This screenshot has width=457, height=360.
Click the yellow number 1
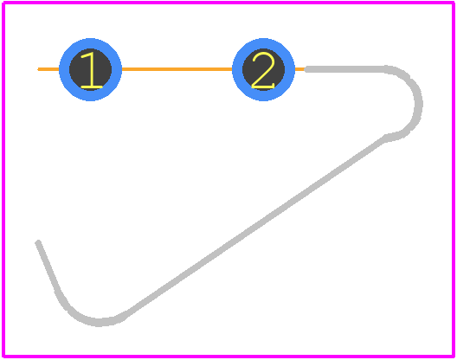click(x=92, y=70)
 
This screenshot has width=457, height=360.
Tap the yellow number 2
click(x=263, y=70)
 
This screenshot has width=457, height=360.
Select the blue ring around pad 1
click(x=64, y=70)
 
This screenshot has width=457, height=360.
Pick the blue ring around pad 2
click(x=237, y=70)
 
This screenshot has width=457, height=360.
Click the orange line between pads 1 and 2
click(x=177, y=69)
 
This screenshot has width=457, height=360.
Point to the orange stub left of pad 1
click(x=48, y=69)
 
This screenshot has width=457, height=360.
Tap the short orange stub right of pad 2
click(x=299, y=69)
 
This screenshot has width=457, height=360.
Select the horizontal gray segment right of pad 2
click(x=345, y=69)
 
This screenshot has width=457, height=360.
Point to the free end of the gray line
click(x=38, y=242)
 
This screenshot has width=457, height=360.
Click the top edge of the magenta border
click(x=228, y=3)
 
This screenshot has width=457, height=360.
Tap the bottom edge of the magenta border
click(x=228, y=357)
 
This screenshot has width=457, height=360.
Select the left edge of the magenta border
click(x=3, y=179)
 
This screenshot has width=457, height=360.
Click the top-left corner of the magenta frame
click(x=3, y=3)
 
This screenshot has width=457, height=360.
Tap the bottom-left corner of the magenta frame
click(x=3, y=357)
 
